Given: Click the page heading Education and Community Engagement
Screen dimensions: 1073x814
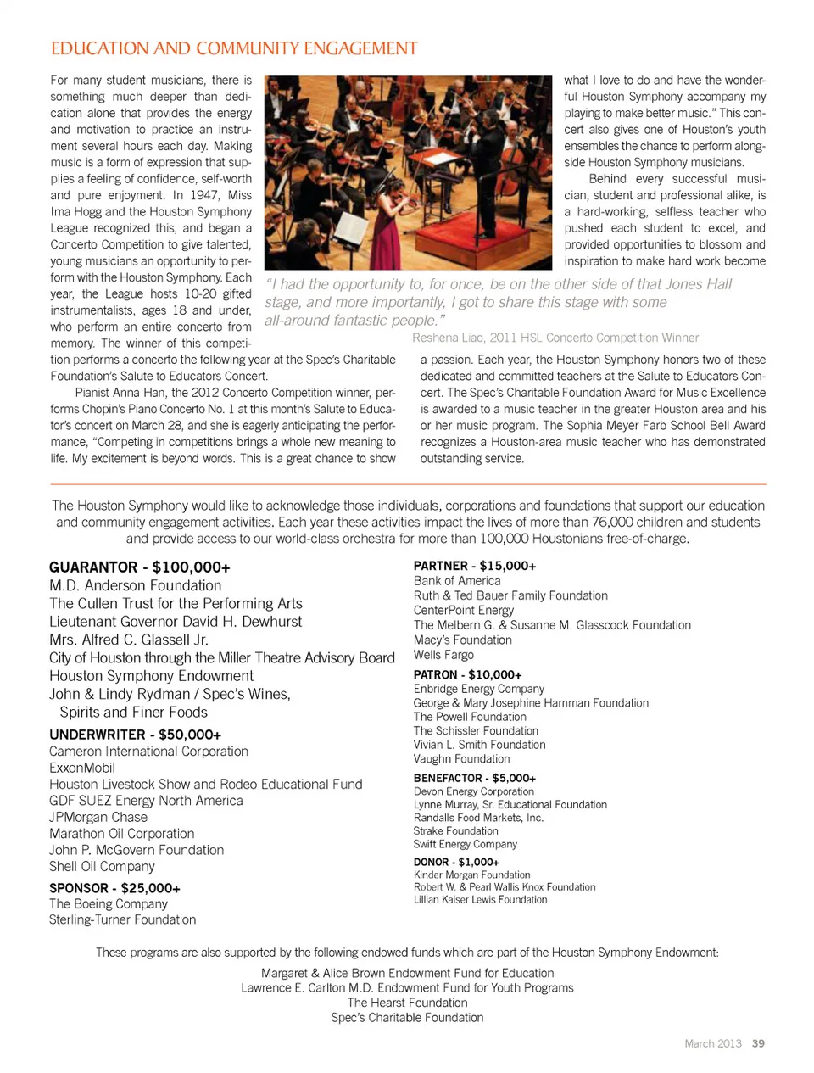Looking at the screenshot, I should coord(234,48).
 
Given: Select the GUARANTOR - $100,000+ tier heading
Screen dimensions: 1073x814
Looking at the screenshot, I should coord(139,567).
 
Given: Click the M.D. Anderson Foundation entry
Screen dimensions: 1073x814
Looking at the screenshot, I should coord(135,585).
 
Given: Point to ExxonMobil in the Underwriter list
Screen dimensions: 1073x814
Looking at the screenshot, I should coord(82,768).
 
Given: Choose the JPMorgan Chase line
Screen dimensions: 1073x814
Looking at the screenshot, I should coord(98,817).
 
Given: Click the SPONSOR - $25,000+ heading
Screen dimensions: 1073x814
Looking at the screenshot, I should coord(114,888).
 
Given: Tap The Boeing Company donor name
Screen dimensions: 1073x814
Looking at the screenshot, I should coord(109,904).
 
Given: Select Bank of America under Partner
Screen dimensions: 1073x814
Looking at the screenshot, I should coord(457,581).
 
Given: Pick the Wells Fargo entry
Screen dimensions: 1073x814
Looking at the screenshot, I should coord(443,655).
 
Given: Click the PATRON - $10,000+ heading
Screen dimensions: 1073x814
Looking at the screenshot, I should coord(467,675).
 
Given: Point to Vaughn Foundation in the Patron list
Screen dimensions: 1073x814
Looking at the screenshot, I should coord(461,759).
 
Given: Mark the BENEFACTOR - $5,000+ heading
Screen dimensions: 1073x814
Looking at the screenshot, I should coord(474,778).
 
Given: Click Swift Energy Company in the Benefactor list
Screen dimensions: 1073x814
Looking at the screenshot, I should coord(465,844).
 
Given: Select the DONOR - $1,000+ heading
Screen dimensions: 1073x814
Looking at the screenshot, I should coord(456,862).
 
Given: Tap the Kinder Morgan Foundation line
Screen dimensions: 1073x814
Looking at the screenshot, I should coord(471,875).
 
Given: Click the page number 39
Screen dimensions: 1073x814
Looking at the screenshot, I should coord(758,1043).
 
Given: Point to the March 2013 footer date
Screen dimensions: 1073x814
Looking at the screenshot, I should coord(712,1043).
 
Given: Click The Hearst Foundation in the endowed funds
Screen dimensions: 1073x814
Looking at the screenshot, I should coord(407,1003).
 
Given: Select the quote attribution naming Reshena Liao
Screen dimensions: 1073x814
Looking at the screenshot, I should coord(555,338).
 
